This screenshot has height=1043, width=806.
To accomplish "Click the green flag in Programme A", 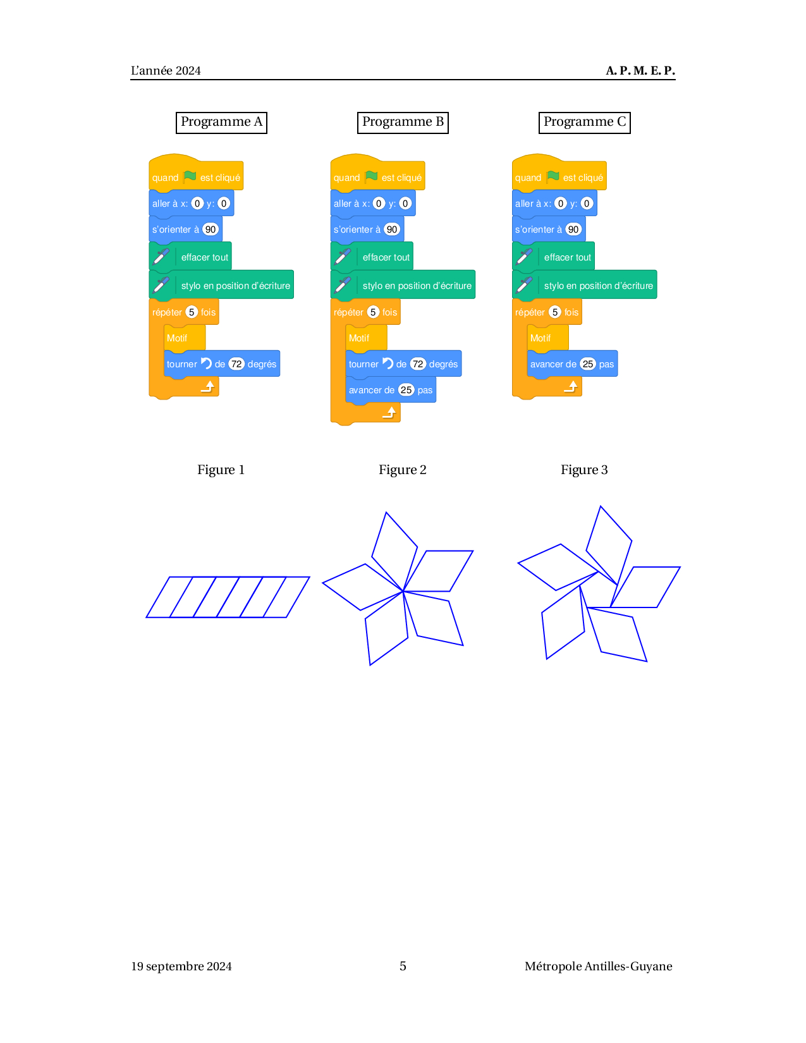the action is coord(190,176).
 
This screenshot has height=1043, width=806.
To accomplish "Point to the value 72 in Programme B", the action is coord(418,364).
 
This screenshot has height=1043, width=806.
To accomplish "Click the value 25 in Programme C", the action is coord(587,364).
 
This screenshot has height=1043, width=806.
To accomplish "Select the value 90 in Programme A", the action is coord(211,229).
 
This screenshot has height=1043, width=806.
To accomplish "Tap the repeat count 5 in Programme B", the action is coord(373,312).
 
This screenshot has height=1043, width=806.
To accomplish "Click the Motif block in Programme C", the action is coord(547,338).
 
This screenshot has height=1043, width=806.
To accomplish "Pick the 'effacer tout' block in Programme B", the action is coord(372,257).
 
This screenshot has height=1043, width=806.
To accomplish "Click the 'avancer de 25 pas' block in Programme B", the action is coord(391,390).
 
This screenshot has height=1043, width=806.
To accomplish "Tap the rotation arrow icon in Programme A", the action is coord(206,363).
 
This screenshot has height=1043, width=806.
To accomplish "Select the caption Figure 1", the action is coord(221,470).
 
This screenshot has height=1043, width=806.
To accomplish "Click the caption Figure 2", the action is coord(402,470).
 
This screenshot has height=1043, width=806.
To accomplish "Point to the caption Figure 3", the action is coord(584,470).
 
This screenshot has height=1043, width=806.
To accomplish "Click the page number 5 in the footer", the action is coord(403,966).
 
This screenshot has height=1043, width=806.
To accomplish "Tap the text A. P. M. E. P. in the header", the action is coord(640,71).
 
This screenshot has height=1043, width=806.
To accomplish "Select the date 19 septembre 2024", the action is coord(181,967).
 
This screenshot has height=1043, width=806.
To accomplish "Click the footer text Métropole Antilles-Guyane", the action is coord(598,967).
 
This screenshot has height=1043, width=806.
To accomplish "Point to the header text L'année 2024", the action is coord(166,71).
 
